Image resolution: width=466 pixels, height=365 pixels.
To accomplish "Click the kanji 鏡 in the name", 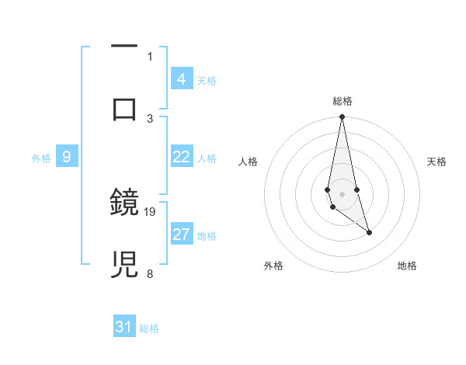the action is click(x=125, y=203).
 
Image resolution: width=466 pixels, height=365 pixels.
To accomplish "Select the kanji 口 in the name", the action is click(x=125, y=109).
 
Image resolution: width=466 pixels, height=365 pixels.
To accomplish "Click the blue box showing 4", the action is click(x=181, y=79).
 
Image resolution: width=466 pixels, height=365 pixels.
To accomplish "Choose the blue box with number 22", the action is click(x=181, y=157).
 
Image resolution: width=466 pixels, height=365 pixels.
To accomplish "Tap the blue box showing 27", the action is click(x=181, y=235).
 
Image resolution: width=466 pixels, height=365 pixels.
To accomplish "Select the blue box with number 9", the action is click(x=67, y=157).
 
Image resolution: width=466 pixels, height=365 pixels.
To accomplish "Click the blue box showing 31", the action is click(x=124, y=327).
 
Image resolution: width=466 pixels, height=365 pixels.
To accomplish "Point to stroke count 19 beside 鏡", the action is click(x=150, y=211).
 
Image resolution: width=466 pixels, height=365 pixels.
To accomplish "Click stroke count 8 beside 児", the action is click(x=150, y=273).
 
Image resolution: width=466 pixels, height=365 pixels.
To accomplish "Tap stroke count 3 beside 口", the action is click(x=150, y=118).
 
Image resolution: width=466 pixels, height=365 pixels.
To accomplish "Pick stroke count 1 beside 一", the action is click(x=150, y=56).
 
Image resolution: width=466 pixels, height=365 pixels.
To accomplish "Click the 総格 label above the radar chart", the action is click(x=343, y=101).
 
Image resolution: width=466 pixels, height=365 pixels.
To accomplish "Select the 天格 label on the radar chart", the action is click(x=436, y=162).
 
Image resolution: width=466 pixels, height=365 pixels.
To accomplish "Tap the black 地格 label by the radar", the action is click(x=407, y=266).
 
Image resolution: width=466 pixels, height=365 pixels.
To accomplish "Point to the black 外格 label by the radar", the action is click(x=273, y=266).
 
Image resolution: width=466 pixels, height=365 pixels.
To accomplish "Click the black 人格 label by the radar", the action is click(x=249, y=162).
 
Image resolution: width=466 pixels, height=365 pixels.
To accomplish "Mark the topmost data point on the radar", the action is click(x=342, y=117).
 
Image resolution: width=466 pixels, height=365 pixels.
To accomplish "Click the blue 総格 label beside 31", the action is click(x=149, y=328).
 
